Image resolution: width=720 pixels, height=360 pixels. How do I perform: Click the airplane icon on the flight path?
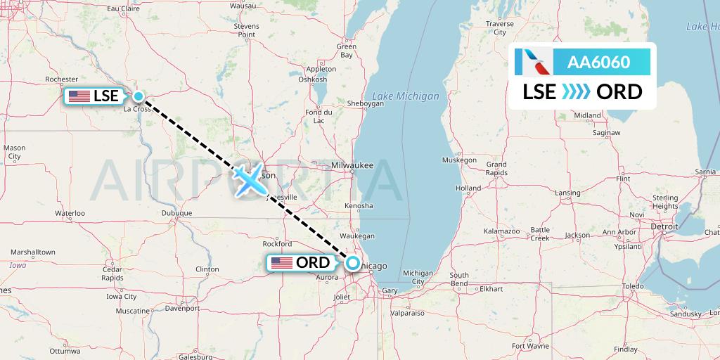pyautogui.click(x=250, y=181)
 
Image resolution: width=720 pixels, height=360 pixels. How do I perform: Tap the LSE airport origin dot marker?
pyautogui.click(x=139, y=96)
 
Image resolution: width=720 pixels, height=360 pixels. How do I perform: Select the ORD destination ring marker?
pyautogui.click(x=353, y=264)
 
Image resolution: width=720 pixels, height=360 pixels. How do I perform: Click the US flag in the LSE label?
pyautogui.click(x=79, y=96)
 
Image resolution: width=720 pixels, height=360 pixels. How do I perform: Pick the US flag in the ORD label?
pyautogui.click(x=281, y=263)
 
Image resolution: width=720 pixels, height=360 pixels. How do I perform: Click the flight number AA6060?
pyautogui.click(x=599, y=62)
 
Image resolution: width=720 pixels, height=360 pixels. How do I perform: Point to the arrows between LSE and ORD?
pyautogui.click(x=577, y=91)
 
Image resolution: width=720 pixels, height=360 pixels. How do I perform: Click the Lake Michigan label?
pyautogui.click(x=406, y=96)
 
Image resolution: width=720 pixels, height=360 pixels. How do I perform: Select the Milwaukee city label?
pyautogui.click(x=352, y=165)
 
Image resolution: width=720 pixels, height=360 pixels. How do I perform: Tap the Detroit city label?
pyautogui.click(x=664, y=226)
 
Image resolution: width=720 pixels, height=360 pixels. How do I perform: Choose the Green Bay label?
pyautogui.click(x=346, y=51)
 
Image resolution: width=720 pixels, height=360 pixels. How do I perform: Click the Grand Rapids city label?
pyautogui.click(x=496, y=168)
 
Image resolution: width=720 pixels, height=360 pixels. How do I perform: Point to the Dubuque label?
pyautogui.click(x=176, y=212)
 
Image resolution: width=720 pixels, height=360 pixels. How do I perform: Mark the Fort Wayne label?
pyautogui.click(x=531, y=345)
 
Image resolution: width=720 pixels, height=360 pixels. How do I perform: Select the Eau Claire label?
pyautogui.click(x=122, y=9)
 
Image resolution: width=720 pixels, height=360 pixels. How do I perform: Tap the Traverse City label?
pyautogui.click(x=500, y=27)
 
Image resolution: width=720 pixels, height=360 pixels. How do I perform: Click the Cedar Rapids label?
pyautogui.click(x=112, y=273)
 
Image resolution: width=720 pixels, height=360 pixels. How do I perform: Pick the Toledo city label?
pyautogui.click(x=633, y=286)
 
